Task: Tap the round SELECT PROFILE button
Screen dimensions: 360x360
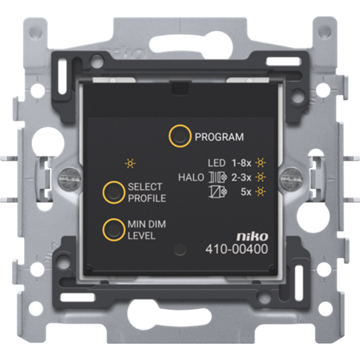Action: (112, 192)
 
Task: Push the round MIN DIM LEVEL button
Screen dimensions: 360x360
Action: (112, 229)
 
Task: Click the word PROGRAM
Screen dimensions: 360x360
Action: (220, 137)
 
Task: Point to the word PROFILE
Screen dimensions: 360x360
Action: (146, 199)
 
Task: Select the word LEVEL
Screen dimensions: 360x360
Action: (142, 236)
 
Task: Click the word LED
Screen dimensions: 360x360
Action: (217, 163)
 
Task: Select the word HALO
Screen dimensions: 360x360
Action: (191, 177)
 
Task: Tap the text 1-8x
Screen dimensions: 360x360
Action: (241, 163)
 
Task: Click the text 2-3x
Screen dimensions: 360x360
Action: (241, 177)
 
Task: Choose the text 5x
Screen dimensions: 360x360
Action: (246, 192)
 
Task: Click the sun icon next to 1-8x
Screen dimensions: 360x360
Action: (260, 163)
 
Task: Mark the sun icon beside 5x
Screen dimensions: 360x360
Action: (260, 192)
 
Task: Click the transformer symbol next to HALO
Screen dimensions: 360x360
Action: (216, 177)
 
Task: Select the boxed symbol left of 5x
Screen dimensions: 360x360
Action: (216, 192)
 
